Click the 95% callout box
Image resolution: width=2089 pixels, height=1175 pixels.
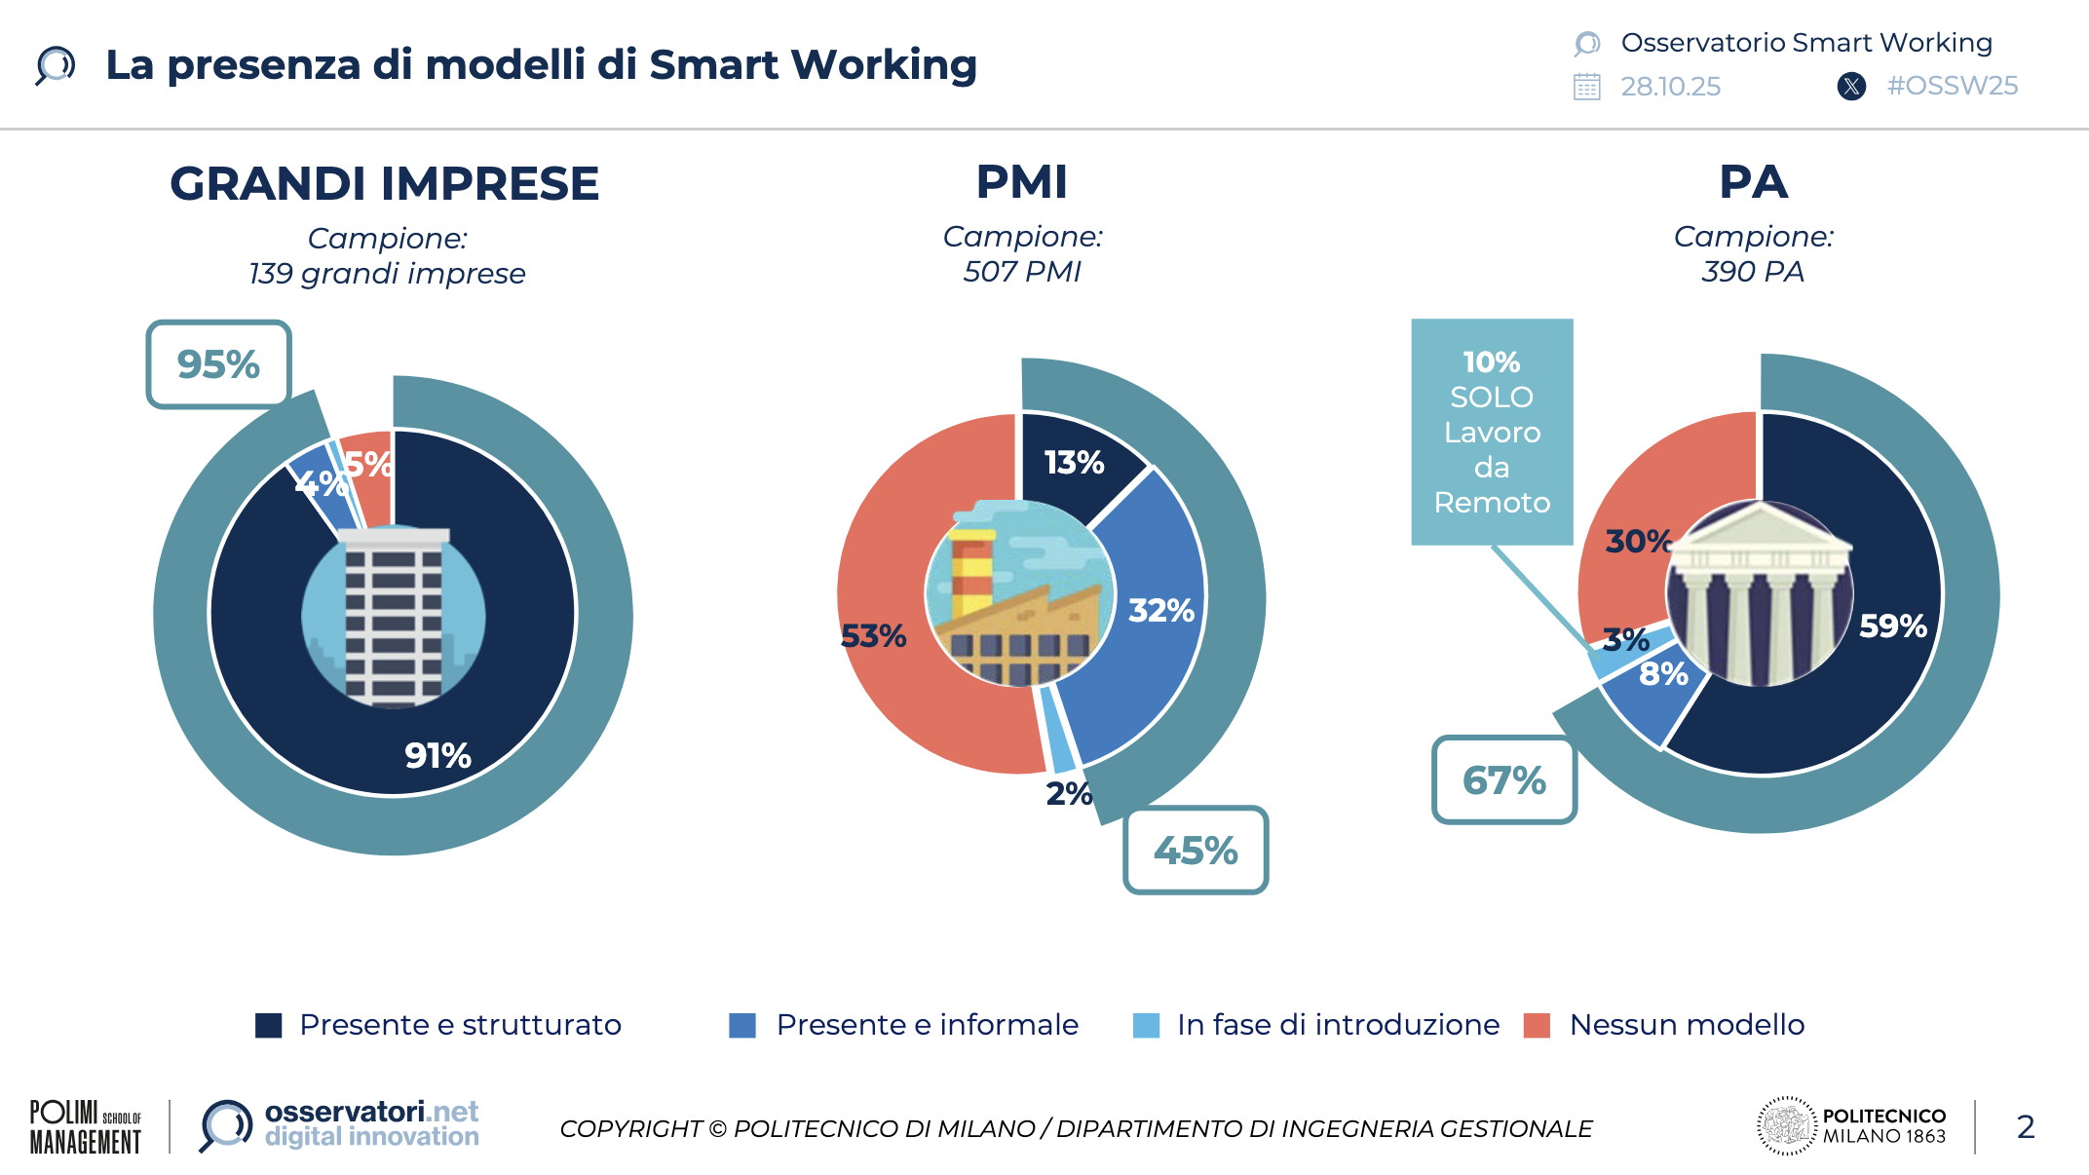click(x=218, y=364)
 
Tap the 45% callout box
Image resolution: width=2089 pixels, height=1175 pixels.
click(x=1196, y=850)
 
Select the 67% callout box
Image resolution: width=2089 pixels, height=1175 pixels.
click(x=1504, y=779)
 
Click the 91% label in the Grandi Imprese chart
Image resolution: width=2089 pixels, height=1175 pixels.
click(x=437, y=755)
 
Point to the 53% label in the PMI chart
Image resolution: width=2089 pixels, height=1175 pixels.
click(x=873, y=636)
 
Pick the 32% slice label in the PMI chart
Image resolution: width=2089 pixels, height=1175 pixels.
click(x=1161, y=610)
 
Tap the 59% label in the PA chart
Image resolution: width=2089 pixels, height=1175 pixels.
click(x=1892, y=625)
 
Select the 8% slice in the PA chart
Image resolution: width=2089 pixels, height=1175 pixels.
click(x=1656, y=697)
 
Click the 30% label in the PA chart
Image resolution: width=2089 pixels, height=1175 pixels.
click(x=1638, y=541)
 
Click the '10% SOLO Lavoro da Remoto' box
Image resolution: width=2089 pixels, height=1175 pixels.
click(x=1492, y=432)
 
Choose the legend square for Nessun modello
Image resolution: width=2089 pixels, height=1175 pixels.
click(x=1537, y=1026)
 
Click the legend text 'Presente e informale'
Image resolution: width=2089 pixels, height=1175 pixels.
click(x=927, y=1025)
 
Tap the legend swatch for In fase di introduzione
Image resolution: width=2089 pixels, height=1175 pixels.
click(x=1147, y=1026)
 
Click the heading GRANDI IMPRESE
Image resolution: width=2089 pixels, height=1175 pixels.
click(x=385, y=184)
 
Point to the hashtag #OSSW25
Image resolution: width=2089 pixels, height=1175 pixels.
click(x=1952, y=86)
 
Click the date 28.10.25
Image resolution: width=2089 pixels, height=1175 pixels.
click(x=1670, y=87)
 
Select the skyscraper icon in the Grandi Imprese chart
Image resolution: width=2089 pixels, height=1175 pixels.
click(x=394, y=616)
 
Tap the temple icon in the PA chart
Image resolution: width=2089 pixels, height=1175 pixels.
click(x=1760, y=593)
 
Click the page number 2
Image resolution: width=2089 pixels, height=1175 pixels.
click(x=2026, y=1126)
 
